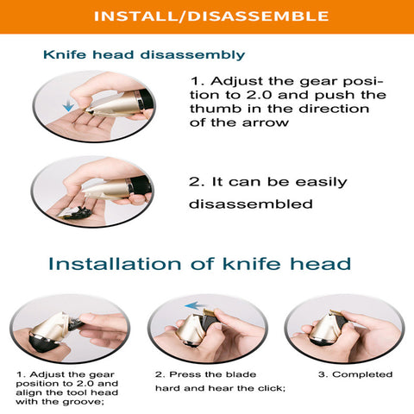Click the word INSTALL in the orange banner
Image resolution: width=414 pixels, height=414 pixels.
135,16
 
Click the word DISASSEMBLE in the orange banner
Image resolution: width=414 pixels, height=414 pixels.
258,16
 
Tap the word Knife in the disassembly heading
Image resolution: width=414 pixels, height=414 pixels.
65,54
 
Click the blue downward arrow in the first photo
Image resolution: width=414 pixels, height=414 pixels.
68,105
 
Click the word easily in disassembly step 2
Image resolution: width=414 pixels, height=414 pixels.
321,183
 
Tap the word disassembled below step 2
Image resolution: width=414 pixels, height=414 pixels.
251,204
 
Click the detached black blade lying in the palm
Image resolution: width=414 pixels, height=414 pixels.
75,213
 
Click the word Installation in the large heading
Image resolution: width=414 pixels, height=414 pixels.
115,264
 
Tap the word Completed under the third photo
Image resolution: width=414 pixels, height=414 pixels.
362,374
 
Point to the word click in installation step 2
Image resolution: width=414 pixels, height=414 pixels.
272,388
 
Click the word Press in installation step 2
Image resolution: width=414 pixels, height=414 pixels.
181,374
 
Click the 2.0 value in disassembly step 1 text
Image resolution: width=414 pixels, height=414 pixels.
259,95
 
